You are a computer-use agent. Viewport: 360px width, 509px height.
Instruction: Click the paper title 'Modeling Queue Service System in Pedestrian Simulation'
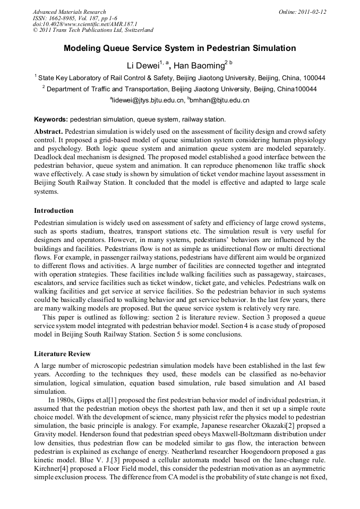point(179,48)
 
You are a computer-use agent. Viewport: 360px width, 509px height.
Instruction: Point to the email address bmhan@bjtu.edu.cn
point(219,100)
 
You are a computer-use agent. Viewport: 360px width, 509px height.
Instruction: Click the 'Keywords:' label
point(51,119)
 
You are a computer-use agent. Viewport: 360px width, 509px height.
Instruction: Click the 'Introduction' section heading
point(54,211)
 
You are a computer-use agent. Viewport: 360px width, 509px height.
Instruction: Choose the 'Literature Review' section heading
point(62,353)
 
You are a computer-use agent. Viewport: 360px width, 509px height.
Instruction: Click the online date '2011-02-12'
point(315,12)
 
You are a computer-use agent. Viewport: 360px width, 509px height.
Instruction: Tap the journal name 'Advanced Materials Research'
point(69,12)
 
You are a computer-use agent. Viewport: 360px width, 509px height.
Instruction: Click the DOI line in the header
point(84,24)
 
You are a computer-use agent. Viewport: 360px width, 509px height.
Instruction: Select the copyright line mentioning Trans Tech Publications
point(93,31)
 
